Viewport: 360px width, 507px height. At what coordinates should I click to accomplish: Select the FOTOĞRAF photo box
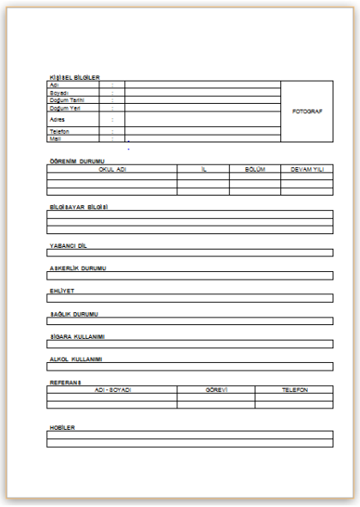(x=307, y=112)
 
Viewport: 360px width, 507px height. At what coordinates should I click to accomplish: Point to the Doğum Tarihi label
(x=65, y=100)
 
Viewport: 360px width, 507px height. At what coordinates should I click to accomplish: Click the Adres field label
(x=57, y=119)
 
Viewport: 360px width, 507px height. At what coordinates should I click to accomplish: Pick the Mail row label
(x=55, y=138)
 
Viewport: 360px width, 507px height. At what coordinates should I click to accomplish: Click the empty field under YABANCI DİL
(x=189, y=252)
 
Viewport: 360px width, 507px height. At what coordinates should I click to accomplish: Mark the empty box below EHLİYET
(x=189, y=298)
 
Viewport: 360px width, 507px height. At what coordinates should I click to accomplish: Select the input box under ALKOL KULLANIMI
(x=189, y=366)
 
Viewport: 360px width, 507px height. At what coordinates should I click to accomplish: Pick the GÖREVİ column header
(x=216, y=389)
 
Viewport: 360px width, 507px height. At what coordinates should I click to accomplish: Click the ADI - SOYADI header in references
(x=112, y=389)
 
